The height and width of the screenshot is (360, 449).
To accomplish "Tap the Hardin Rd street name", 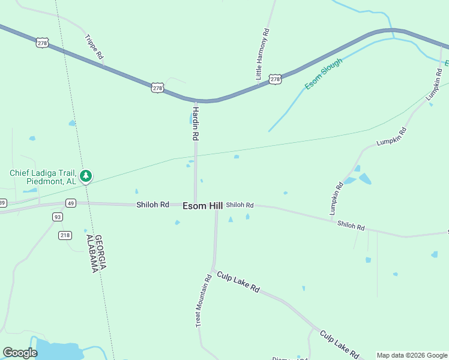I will (195, 121).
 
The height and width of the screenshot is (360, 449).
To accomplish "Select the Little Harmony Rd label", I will (263, 54).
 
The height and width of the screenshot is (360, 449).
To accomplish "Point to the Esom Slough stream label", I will (324, 74).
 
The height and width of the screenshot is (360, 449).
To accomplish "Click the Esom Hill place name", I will (202, 206).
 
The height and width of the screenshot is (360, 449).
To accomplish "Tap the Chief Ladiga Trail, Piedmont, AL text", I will (43, 177).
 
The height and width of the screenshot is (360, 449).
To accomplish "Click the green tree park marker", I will (86, 176).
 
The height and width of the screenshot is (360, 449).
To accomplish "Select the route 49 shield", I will (71, 203).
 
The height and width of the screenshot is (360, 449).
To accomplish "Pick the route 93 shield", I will (58, 217).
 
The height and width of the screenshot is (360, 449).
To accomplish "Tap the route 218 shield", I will (65, 235).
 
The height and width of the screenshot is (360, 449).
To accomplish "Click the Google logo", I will (20, 353).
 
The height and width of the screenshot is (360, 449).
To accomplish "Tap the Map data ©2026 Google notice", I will (412, 355).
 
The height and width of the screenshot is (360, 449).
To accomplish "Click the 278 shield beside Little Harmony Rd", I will (275, 79).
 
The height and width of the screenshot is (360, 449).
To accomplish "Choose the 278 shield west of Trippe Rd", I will (41, 43).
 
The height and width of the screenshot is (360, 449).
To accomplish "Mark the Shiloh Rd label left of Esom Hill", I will (152, 205).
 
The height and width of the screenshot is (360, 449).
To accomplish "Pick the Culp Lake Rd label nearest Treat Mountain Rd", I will (238, 282).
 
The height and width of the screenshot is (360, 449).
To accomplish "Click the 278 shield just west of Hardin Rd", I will (157, 88).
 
